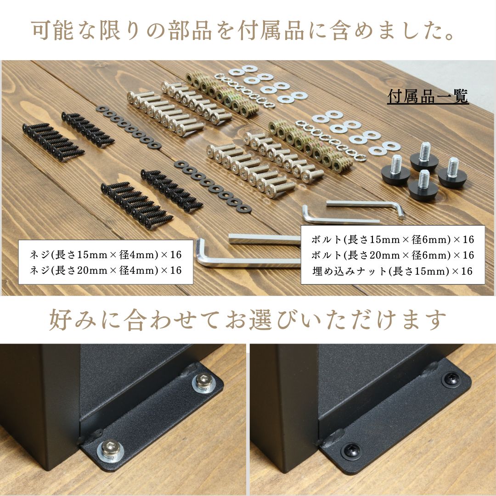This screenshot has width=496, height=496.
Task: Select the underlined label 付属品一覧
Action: point(428,97)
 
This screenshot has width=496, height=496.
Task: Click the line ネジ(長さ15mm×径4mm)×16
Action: point(106,254)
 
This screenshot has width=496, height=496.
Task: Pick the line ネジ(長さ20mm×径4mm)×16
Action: point(106,270)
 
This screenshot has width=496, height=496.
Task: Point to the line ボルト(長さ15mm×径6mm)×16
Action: point(392,239)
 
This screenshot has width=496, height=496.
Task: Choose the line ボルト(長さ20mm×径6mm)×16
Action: point(392,255)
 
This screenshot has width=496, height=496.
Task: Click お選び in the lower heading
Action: point(265,320)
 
